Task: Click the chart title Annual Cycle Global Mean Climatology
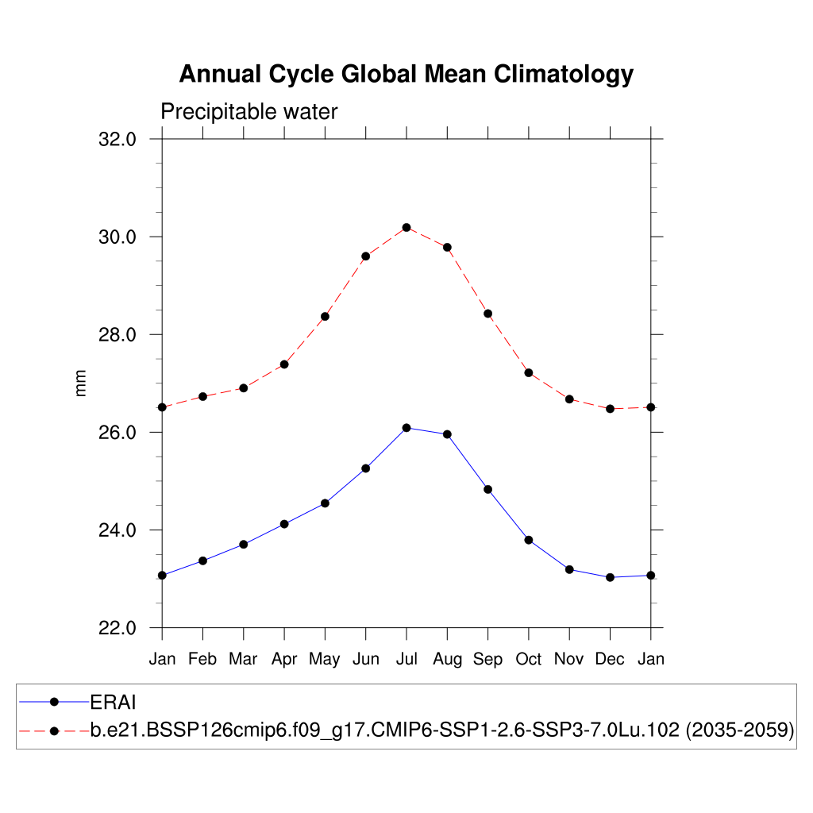(x=406, y=74)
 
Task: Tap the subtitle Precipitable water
(x=249, y=112)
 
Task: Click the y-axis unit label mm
(x=81, y=383)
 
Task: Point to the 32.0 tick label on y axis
(x=118, y=140)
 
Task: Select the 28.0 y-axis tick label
(x=118, y=335)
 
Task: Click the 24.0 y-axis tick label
(x=118, y=530)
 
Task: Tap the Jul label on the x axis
(x=406, y=659)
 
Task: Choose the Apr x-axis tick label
(x=284, y=659)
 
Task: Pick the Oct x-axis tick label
(x=529, y=659)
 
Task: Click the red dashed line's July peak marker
(x=406, y=227)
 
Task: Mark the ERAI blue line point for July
(x=406, y=428)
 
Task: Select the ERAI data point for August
(x=447, y=434)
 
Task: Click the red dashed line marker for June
(x=366, y=256)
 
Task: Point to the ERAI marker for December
(x=610, y=577)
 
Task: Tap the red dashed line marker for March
(x=244, y=388)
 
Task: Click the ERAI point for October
(x=529, y=540)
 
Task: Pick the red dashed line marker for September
(x=488, y=314)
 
